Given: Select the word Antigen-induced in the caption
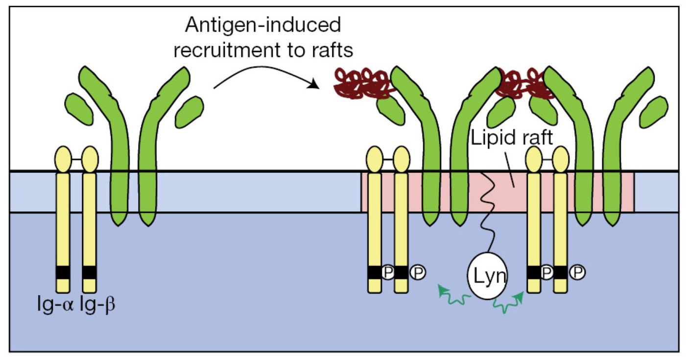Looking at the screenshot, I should tap(263, 25).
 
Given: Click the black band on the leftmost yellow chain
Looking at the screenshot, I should tap(63, 272).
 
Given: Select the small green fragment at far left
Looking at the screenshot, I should tap(79, 108).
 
